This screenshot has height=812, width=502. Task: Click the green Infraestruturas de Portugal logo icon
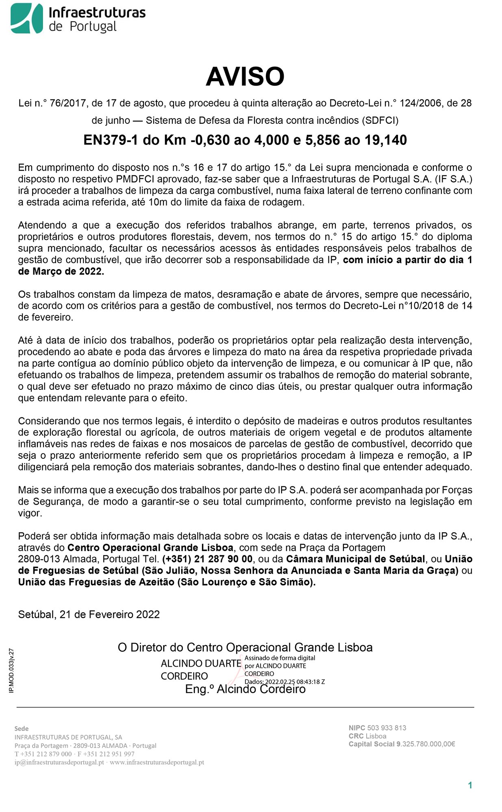click(27, 18)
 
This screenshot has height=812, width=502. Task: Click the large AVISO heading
click(245, 76)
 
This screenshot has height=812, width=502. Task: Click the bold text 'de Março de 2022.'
click(61, 272)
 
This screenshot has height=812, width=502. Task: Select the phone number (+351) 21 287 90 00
click(207, 559)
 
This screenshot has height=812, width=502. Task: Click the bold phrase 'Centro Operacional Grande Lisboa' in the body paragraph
click(150, 548)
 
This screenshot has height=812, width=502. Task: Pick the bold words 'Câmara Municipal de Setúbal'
click(356, 559)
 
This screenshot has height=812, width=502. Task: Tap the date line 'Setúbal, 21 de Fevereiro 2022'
click(89, 614)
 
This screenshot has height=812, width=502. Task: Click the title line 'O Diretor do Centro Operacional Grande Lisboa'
click(245, 647)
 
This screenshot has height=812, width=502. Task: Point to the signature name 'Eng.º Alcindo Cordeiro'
click(245, 689)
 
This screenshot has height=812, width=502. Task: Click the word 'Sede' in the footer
click(22, 728)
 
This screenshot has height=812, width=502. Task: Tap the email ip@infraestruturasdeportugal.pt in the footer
click(59, 762)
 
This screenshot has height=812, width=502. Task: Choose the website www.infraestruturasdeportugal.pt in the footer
click(157, 762)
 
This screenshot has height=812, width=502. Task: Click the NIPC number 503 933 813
click(386, 728)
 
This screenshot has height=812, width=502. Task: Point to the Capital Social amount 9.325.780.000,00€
click(426, 744)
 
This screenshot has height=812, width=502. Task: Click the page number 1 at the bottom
click(470, 785)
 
